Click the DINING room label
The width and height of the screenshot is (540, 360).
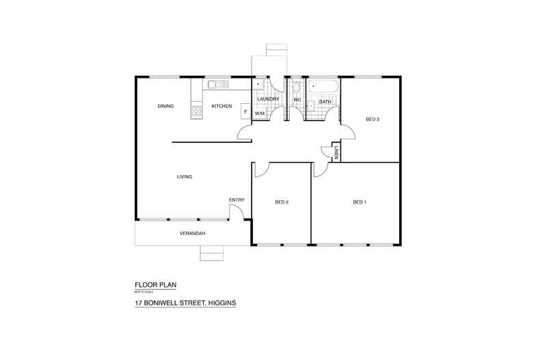[165, 106]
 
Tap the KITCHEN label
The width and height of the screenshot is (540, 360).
[221, 106]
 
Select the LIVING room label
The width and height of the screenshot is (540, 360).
[185, 177]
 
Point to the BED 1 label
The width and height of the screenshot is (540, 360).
[360, 202]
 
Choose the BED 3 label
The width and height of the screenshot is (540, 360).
[373, 120]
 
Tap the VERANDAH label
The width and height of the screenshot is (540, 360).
[193, 233]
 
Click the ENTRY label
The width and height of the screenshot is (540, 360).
[237, 199]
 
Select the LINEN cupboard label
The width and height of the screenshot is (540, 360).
[336, 152]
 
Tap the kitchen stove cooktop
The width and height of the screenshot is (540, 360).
[197, 109]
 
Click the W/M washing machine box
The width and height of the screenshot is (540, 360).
[260, 113]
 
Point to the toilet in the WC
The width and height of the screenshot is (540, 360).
[297, 87]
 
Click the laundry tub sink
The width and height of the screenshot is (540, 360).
[259, 85]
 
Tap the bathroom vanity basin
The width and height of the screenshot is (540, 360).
[311, 106]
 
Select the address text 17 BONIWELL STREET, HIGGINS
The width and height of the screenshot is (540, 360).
[185, 301]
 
